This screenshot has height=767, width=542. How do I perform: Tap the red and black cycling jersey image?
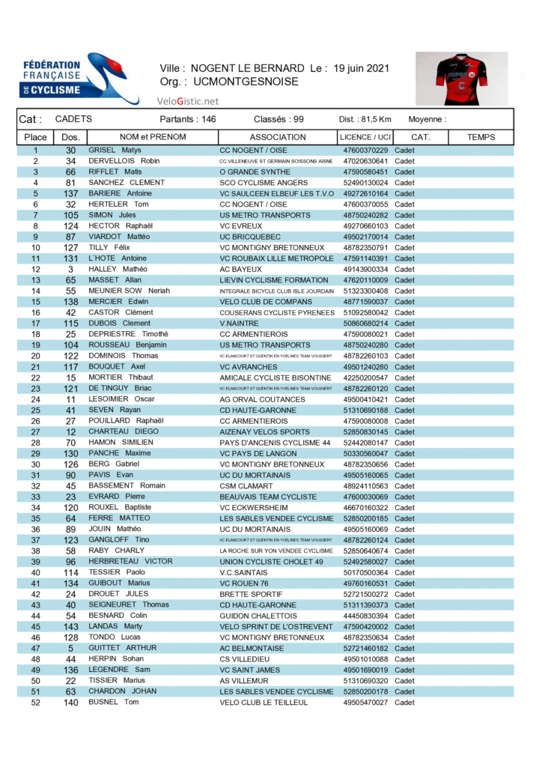pyautogui.click(x=461, y=79)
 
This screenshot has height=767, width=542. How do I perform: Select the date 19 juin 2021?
pyautogui.click(x=362, y=68)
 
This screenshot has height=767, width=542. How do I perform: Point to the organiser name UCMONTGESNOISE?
pyautogui.click(x=246, y=82)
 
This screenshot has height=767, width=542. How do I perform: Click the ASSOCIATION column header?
pyautogui.click(x=278, y=137)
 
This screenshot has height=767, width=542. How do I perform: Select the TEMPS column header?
pyautogui.click(x=481, y=137)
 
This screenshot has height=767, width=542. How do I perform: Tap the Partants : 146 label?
pyautogui.click(x=188, y=119)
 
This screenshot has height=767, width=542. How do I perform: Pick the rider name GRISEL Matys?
pyautogui.click(x=115, y=151)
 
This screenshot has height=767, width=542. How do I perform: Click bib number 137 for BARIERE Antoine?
pyautogui.click(x=71, y=194)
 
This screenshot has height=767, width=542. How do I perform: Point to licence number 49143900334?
pyautogui.click(x=366, y=270)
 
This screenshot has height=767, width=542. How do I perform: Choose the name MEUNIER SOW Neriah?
pyautogui.click(x=130, y=291)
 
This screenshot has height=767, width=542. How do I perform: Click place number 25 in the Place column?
pyautogui.click(x=35, y=410)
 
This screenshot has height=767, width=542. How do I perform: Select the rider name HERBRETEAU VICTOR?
pyautogui.click(x=130, y=562)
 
